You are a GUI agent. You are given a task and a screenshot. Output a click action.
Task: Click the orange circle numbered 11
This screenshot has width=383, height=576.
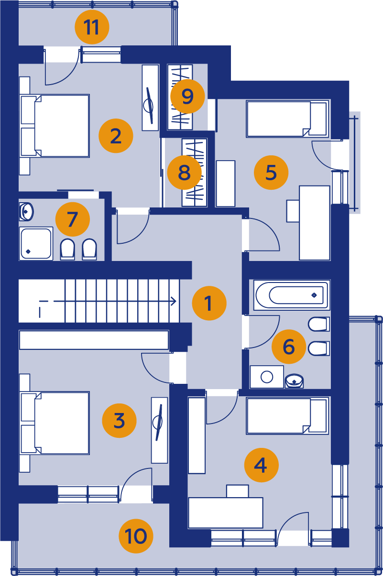92,27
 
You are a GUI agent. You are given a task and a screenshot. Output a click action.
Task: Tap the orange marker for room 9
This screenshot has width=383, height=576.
187,96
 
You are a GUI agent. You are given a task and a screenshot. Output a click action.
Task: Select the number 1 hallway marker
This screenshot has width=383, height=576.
209,303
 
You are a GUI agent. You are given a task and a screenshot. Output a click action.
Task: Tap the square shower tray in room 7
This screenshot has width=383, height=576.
36,243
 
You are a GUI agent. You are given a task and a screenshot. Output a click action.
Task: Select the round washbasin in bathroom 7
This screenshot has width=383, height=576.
26,212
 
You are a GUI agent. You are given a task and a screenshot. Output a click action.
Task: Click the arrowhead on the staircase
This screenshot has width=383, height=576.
174,301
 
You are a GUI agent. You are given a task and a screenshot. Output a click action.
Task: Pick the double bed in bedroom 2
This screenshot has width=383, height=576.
55,126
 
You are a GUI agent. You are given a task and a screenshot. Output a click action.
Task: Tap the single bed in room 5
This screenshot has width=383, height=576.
287,119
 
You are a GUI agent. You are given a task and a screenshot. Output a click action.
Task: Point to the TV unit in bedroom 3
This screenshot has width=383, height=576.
160,430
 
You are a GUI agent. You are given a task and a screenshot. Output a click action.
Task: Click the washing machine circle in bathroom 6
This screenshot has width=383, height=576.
267,377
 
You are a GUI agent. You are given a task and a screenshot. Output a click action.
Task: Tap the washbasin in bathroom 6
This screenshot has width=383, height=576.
294,380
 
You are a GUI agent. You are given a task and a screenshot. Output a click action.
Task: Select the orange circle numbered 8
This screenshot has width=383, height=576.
184,172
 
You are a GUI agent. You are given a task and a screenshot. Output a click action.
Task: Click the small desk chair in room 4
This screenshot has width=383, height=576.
238,491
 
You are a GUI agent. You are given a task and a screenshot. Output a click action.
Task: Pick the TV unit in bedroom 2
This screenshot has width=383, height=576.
150,98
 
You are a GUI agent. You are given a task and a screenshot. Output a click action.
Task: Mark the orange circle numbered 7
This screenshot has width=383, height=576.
73,219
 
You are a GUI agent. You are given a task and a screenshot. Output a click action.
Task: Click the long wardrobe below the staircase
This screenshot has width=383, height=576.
94,340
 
